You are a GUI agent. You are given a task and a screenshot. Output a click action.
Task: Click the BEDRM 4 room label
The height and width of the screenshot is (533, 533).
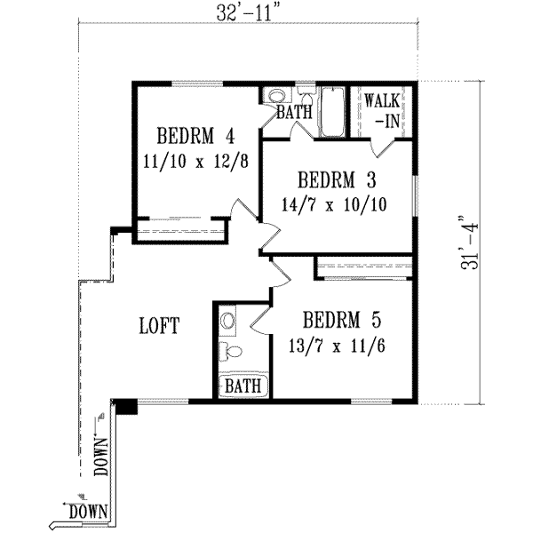pos(195,137)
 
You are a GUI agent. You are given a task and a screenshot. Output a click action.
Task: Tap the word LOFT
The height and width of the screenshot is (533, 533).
pos(160,326)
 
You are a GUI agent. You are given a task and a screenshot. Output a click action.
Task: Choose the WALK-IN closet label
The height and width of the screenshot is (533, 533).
pos(383,109)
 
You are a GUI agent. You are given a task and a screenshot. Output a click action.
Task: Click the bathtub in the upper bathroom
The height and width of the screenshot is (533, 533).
pos(332,112)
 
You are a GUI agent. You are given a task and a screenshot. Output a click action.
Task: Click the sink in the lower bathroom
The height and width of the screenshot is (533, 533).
pos(228,319)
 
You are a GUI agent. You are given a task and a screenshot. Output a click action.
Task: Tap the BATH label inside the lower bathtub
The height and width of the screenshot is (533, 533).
pos(242,386)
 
